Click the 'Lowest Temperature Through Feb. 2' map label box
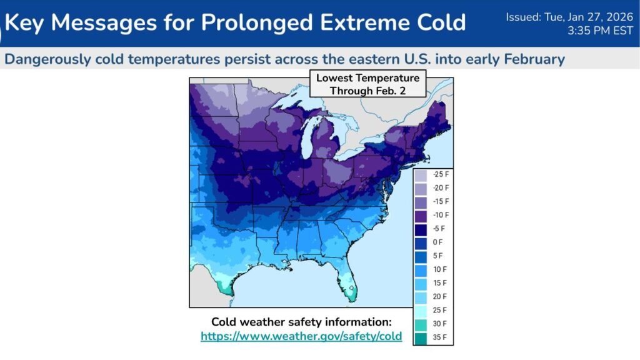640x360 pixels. click(367, 84)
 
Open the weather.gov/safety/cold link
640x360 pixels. click(301, 336)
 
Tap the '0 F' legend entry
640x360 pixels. click(437, 242)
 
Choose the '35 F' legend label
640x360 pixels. click(439, 337)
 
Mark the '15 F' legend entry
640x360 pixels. click(439, 283)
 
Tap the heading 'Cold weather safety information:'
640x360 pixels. click(301, 322)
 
